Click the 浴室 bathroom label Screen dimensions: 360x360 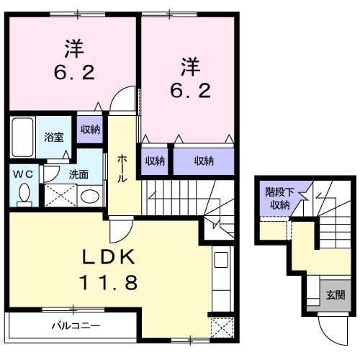(54, 136)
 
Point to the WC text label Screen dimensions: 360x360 (22, 173)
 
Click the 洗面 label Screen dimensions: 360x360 (78, 174)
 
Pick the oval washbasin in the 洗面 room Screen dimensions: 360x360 (89, 196)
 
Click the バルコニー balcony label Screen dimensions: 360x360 (75, 325)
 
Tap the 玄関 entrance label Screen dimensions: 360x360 (334, 294)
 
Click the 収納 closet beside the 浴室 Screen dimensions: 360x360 (90, 130)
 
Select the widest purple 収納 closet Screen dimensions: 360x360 (204, 161)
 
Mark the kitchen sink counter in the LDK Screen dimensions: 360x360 (221, 274)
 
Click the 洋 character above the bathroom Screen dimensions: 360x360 (73, 50)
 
